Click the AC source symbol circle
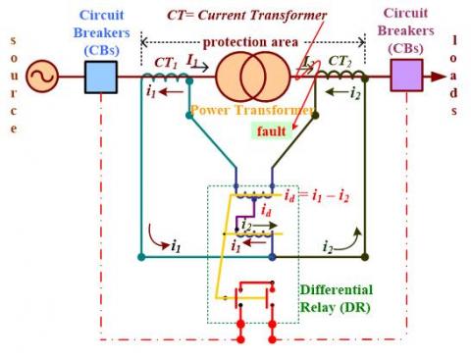click(x=42, y=76)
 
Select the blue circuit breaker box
click(x=101, y=76)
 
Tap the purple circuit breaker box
click(x=405, y=75)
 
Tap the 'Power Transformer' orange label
click(x=244, y=112)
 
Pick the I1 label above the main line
click(x=193, y=61)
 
